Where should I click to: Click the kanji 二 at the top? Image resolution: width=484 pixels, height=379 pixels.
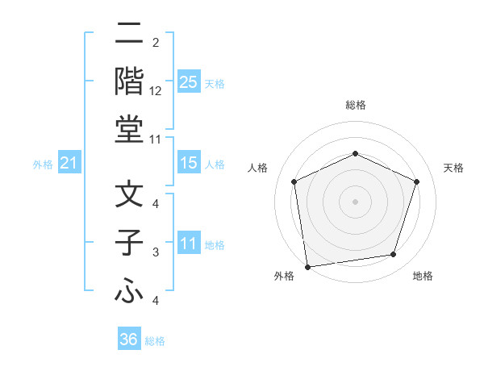129,35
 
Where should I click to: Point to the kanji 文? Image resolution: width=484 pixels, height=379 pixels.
129,195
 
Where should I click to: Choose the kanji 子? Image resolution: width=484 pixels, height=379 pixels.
129,243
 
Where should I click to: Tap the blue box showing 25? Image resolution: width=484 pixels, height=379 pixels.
188,82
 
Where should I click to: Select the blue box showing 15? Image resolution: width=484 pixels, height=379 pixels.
188,163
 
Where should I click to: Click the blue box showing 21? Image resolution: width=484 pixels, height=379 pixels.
69,164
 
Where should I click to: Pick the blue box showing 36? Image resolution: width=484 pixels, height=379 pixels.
129,339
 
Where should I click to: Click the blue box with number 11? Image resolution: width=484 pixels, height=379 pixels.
188,244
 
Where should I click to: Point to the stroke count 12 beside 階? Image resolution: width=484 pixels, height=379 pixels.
156,91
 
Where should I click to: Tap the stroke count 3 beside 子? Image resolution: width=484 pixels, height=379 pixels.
156,252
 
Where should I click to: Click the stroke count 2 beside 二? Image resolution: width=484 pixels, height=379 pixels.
156,43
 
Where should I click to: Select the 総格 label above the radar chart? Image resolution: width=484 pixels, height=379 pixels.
355,105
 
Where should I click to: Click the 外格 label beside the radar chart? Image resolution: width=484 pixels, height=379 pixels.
284,277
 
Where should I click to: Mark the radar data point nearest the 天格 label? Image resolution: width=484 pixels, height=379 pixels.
417,181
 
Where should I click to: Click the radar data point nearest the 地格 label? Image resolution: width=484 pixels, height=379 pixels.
394,255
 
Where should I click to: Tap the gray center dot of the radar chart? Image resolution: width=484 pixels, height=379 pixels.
355,202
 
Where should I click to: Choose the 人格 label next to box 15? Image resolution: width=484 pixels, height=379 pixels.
215,164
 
